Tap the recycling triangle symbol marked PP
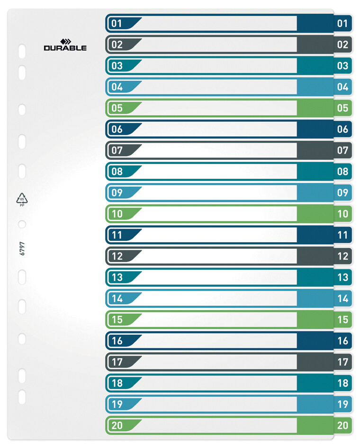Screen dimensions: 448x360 (x=22, y=199)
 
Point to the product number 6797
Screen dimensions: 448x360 (x=22, y=248)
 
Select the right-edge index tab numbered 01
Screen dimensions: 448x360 (x=342, y=23)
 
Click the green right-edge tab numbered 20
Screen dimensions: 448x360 (x=342, y=425)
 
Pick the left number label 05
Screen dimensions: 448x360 (x=117, y=108)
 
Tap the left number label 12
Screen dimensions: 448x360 (x=117, y=256)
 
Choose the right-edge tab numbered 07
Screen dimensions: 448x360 (x=342, y=150)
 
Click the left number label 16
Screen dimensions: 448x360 (x=117, y=341)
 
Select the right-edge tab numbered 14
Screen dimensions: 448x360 (x=342, y=298)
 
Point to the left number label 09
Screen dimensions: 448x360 (x=117, y=192)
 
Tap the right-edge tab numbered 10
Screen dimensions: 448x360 (x=342, y=214)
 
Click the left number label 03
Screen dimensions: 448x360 (x=117, y=65)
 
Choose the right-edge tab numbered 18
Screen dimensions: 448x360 (x=342, y=383)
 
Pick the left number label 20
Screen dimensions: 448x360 (x=117, y=425)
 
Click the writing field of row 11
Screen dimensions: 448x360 (x=218, y=235)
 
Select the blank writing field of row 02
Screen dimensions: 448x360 (x=218, y=45)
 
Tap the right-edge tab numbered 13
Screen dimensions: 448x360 (x=342, y=277)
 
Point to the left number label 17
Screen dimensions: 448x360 (x=117, y=362)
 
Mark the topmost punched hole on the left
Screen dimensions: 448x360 (x=21, y=50)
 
